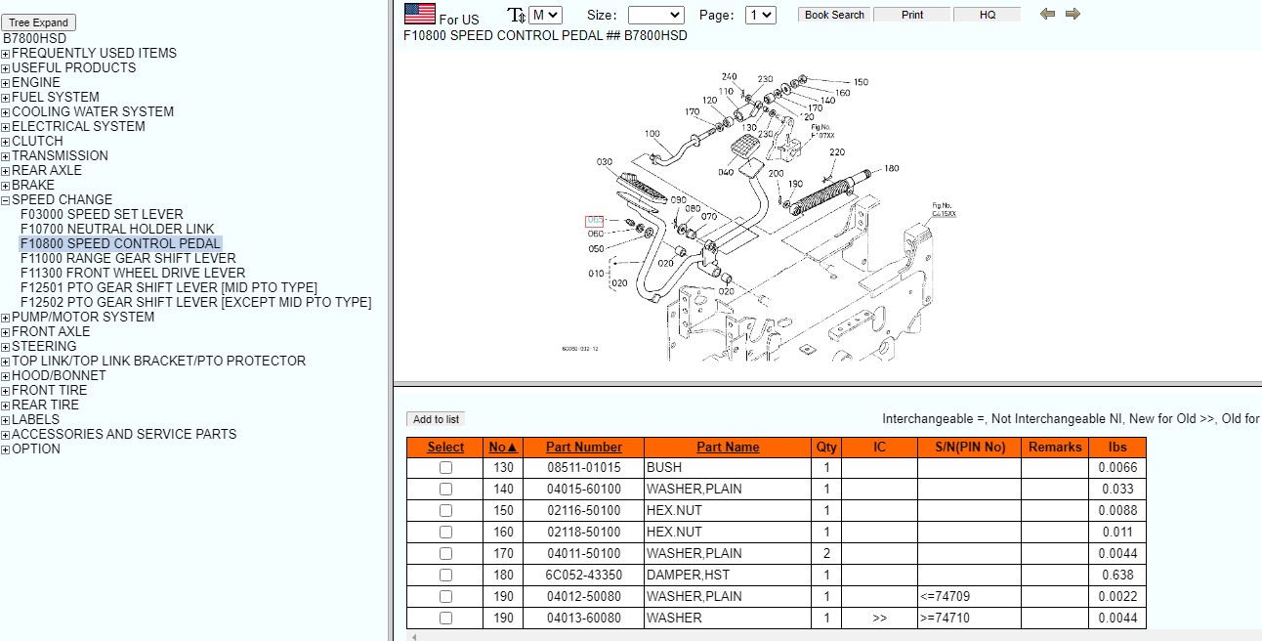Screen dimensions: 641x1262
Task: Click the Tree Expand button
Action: (x=38, y=22)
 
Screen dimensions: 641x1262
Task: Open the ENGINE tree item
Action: (x=36, y=82)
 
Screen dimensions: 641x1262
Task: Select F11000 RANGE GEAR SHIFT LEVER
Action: (x=128, y=258)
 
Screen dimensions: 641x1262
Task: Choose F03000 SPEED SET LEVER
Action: (x=102, y=214)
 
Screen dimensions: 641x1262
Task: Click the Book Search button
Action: (x=834, y=15)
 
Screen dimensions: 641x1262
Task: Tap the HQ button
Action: (x=988, y=15)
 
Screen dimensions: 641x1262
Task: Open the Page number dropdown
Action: (x=760, y=15)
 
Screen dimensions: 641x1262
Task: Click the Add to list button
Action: (x=437, y=419)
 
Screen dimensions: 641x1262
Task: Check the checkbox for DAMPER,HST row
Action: (x=445, y=575)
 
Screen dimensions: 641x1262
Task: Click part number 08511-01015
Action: (x=583, y=467)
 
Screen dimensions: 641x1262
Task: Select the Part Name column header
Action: (x=728, y=447)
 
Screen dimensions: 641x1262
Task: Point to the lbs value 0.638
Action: (x=1117, y=575)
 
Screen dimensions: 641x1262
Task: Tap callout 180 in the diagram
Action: (x=891, y=169)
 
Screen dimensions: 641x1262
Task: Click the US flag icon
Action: (x=420, y=14)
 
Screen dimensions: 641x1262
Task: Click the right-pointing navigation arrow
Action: (x=1073, y=14)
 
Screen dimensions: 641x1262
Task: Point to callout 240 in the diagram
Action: (x=730, y=77)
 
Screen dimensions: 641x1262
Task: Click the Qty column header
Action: (x=826, y=447)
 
